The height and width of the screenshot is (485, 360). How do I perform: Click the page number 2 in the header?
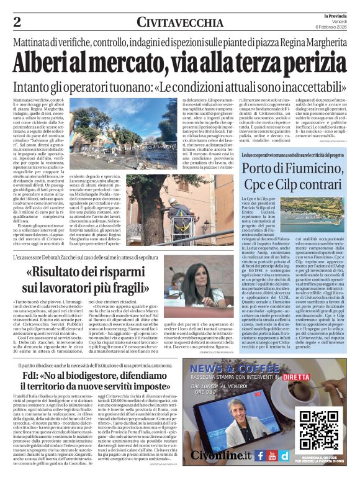click(x=17, y=22)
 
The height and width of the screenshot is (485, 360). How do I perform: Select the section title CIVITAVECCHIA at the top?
click(x=180, y=23)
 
